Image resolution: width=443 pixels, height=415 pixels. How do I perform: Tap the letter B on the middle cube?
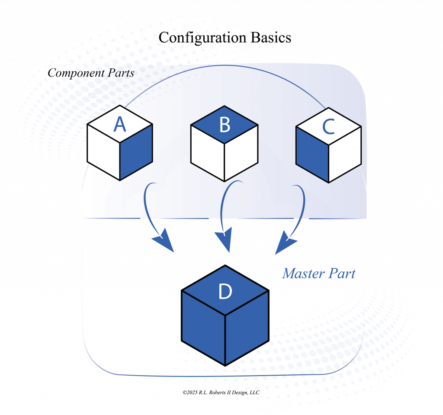point(225,125)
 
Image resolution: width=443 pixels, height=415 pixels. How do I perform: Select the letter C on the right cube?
point(328,126)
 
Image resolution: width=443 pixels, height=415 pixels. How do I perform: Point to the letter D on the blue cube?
point(225,292)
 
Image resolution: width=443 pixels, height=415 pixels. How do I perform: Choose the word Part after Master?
point(342,274)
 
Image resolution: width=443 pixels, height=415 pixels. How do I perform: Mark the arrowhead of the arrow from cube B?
point(224,242)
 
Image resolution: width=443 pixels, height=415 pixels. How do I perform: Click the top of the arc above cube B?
point(225,66)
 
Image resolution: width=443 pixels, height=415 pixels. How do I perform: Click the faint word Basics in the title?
point(273,38)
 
